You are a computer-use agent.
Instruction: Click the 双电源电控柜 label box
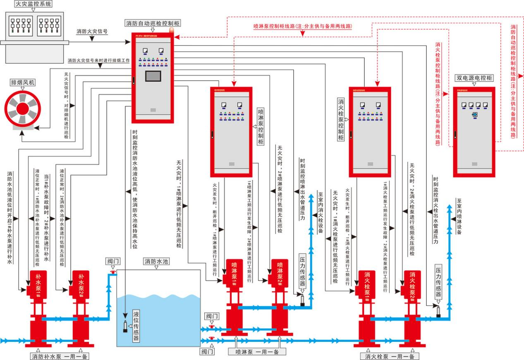(474, 78)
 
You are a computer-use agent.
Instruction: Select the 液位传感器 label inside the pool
(136, 327)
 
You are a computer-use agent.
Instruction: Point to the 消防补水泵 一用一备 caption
(60, 356)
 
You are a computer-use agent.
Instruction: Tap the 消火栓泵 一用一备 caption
(390, 356)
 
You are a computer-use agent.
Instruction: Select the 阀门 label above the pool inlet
(114, 261)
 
